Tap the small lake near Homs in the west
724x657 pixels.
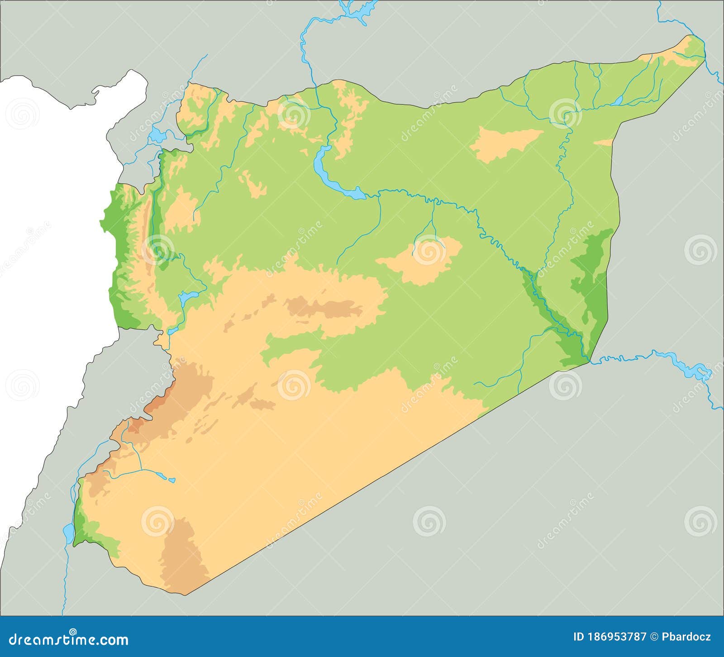(187, 297)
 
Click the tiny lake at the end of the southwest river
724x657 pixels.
(172, 480)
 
